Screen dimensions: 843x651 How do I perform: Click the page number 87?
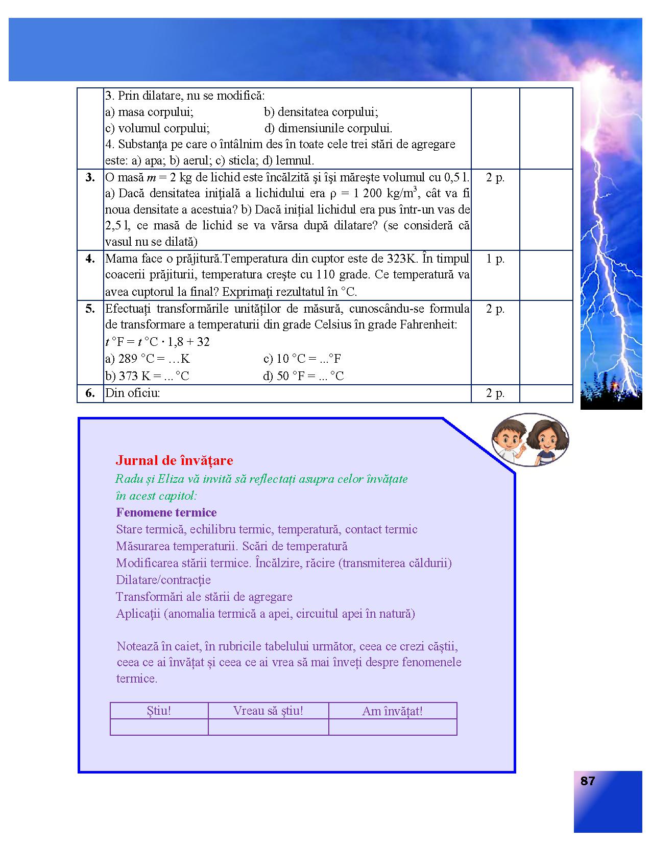pos(588,781)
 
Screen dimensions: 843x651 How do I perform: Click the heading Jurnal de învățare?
pos(174,460)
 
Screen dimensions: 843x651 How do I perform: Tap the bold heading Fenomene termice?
pos(166,512)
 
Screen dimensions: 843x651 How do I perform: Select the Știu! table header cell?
pos(159,711)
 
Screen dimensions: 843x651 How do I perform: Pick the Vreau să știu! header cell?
pos(268,711)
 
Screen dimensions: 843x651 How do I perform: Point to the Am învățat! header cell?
pos(392,711)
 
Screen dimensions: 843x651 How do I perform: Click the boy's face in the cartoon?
pos(509,439)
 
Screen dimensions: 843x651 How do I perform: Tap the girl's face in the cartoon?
pos(544,439)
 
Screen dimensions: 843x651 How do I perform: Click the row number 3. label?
pos(90,177)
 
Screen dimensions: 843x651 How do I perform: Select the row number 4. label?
pos(90,259)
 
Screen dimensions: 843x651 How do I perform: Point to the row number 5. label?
pos(90,309)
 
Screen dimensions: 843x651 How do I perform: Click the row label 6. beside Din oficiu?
pos(90,393)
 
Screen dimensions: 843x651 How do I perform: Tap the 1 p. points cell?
pos(495,259)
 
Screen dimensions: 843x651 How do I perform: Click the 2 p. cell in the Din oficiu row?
pos(495,393)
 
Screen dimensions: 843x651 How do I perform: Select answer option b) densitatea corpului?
pos(321,112)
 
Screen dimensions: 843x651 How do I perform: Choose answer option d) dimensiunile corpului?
pos(328,128)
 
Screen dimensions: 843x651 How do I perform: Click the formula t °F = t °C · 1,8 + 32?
pos(157,342)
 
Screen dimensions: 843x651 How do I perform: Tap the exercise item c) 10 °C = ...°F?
pos(302,359)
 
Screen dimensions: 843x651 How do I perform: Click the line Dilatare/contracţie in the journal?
pos(163,580)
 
